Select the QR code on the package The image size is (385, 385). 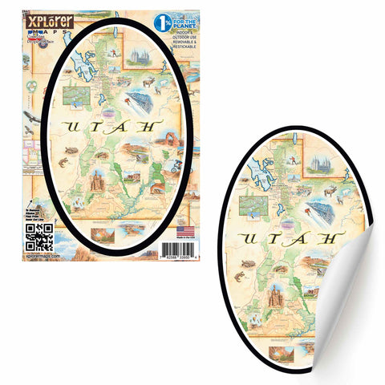pyautogui.click(x=39, y=237)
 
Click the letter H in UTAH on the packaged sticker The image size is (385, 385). pyautogui.click(x=147, y=128)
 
